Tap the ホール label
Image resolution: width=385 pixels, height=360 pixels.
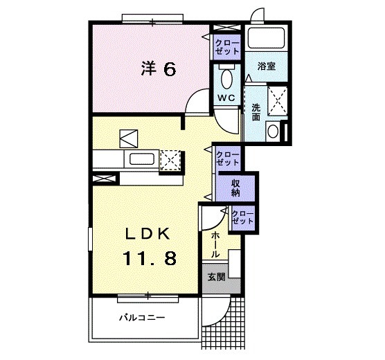point(215,244)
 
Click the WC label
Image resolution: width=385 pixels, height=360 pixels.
point(226,98)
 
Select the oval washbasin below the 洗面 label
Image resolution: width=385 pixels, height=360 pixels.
point(274,131)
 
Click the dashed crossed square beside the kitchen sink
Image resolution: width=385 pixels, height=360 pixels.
point(170,160)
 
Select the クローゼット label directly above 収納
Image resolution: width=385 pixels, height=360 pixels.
point(227,157)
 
